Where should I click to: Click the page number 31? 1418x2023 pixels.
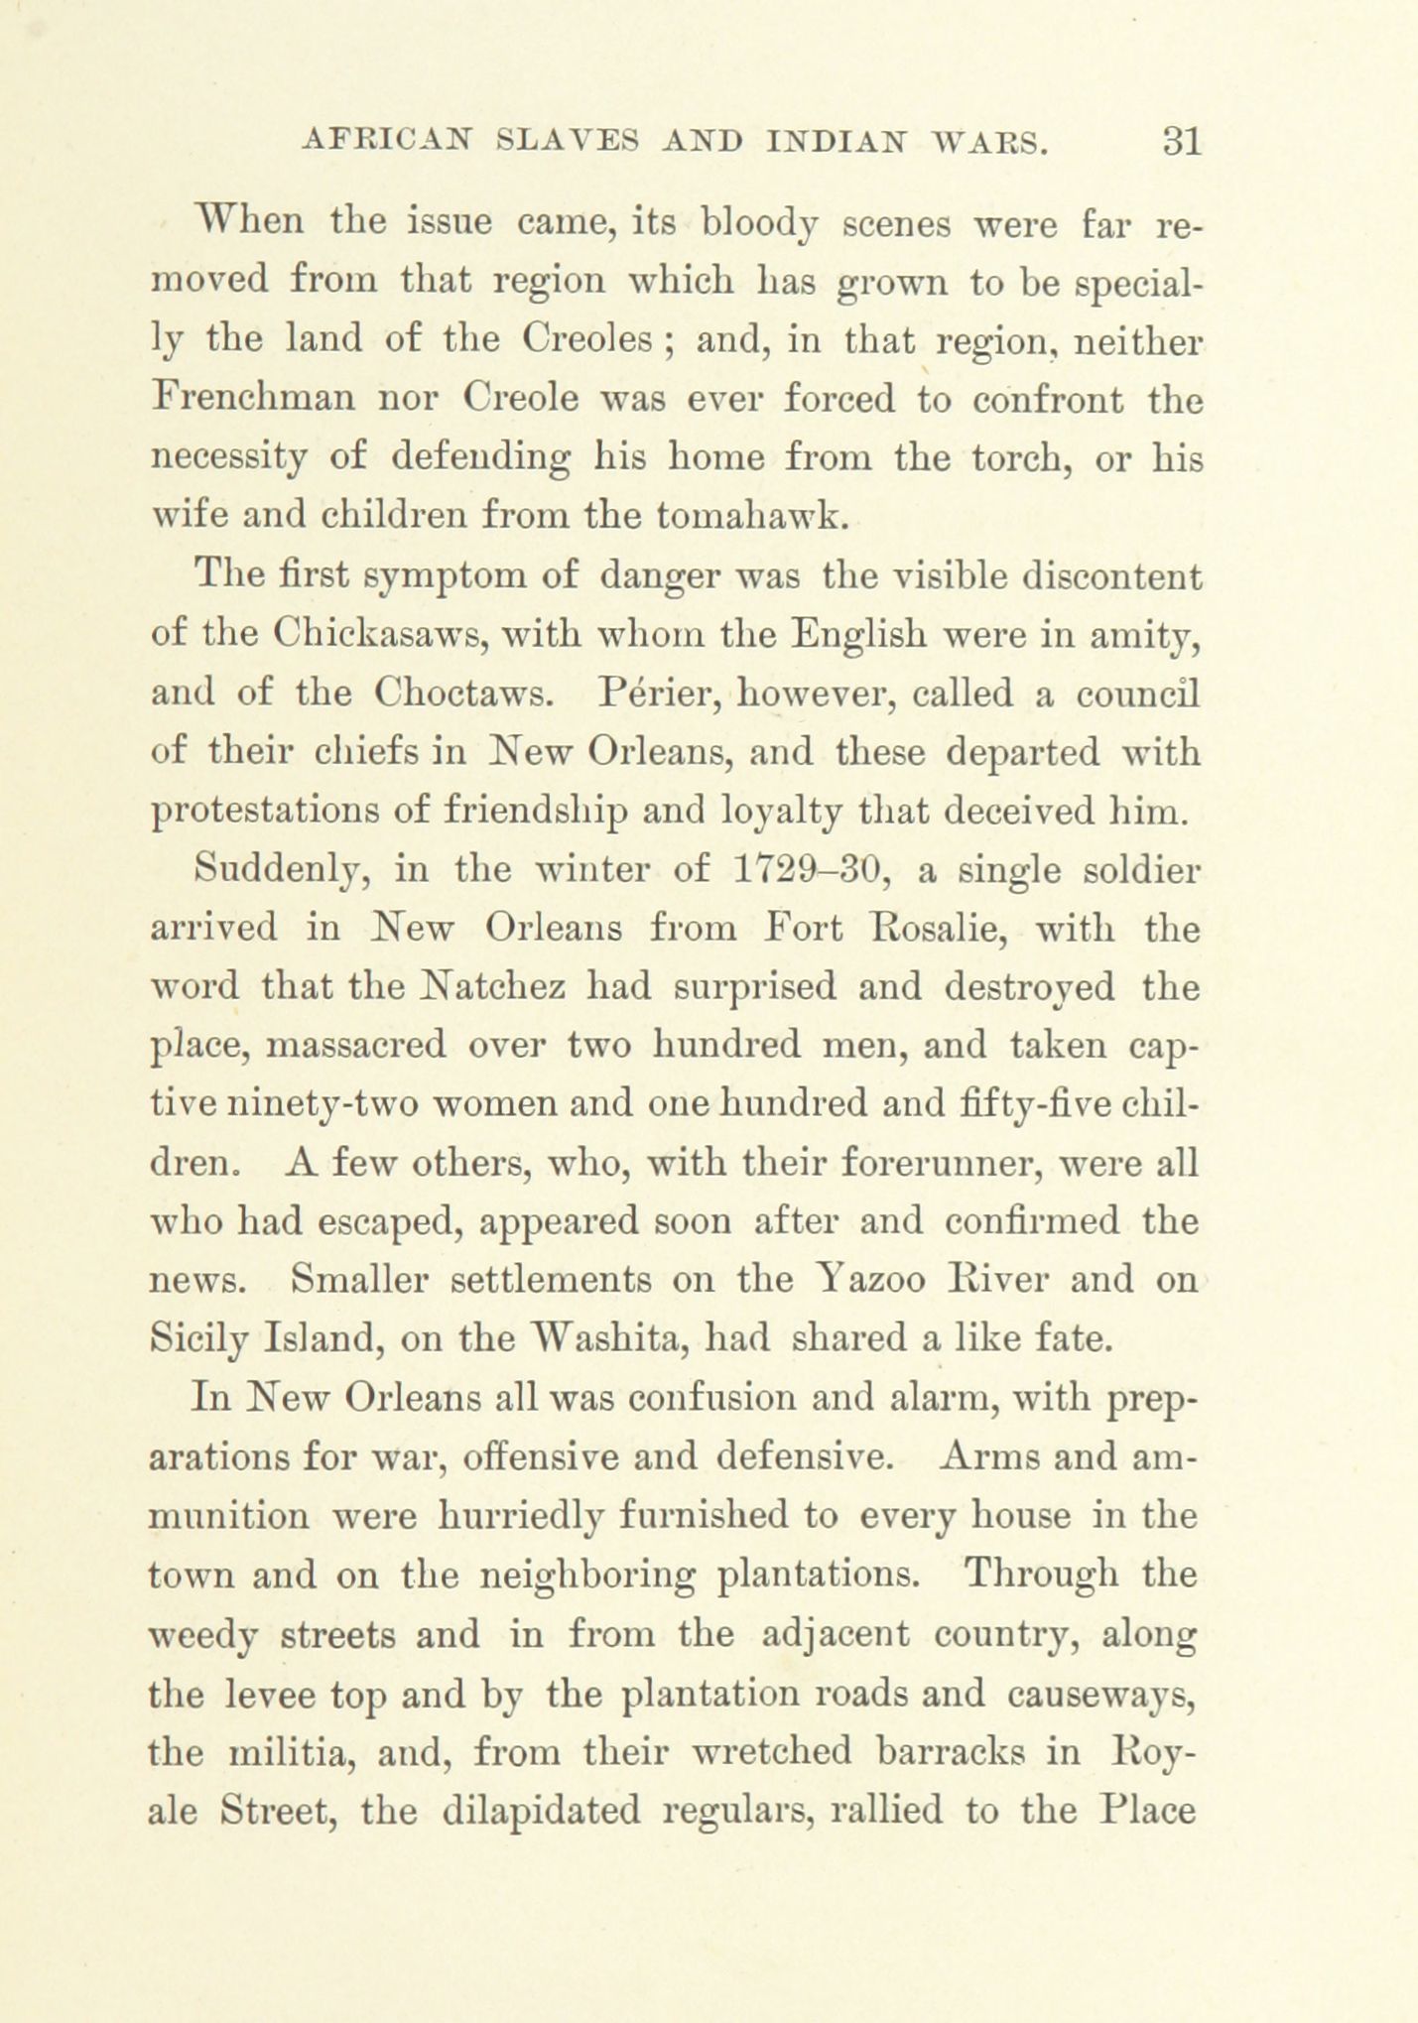pos(1182,141)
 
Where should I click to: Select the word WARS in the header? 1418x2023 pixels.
pos(991,142)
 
